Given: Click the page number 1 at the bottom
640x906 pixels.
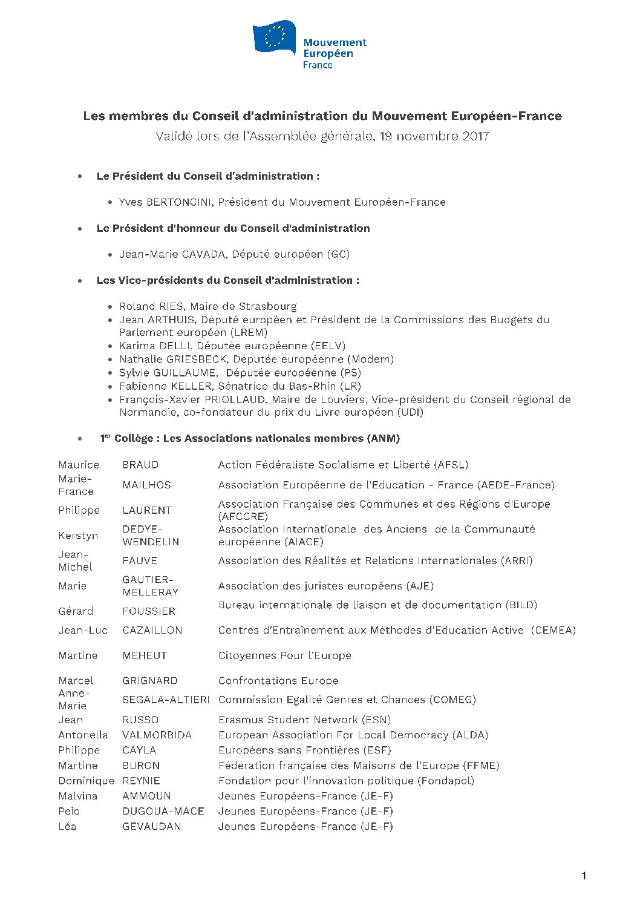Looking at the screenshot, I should (x=583, y=876).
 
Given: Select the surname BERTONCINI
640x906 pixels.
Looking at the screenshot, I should (x=179, y=202).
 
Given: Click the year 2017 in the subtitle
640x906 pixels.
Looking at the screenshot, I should (x=475, y=136).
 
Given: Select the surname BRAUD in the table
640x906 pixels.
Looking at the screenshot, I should (x=140, y=465).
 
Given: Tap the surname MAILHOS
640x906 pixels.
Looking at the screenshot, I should (x=146, y=485).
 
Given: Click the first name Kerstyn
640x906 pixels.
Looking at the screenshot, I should (x=78, y=536).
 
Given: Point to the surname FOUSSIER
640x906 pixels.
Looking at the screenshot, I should (x=149, y=611).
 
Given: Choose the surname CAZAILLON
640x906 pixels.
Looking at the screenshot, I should (x=152, y=630).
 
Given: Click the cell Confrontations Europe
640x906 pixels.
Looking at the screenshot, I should (x=278, y=680).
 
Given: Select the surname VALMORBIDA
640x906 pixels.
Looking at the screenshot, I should (x=157, y=735).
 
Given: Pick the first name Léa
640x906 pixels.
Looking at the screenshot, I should (x=67, y=826).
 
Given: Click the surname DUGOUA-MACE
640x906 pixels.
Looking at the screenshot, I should (x=163, y=811).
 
